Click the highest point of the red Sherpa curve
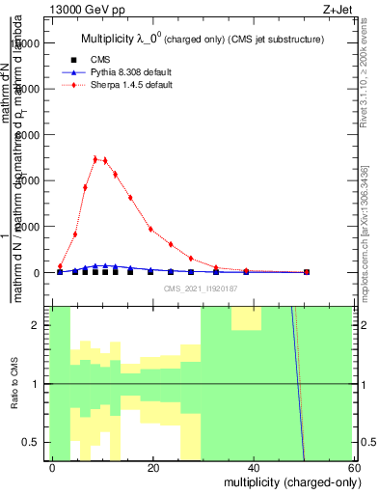point(95,159)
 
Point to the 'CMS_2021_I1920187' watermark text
point(201,288)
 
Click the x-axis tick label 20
point(153,467)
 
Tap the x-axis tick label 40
point(254,467)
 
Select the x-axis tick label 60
point(354,467)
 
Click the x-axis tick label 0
point(53,467)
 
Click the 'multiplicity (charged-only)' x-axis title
point(281,481)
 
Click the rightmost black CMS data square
point(307,272)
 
